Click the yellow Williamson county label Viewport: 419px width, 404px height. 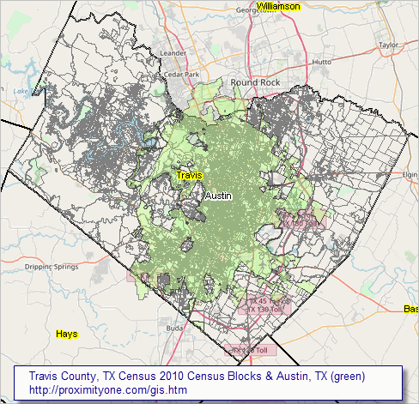[279, 6]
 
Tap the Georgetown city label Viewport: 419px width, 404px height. [257, 10]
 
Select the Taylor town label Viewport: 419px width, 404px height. [390, 45]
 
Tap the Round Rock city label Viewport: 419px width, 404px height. [255, 82]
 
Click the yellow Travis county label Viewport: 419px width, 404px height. [190, 175]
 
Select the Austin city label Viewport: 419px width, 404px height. [219, 196]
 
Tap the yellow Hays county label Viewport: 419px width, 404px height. [66, 333]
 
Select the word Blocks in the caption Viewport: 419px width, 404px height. [249, 377]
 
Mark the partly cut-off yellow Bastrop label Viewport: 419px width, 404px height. [410, 309]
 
